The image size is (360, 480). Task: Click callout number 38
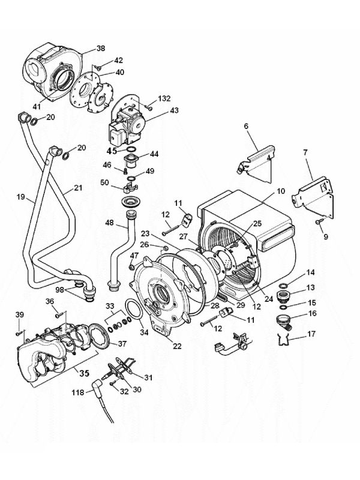point(100,48)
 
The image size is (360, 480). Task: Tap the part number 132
point(164,98)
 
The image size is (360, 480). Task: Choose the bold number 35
point(83,373)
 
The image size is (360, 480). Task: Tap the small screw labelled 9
point(318,223)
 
